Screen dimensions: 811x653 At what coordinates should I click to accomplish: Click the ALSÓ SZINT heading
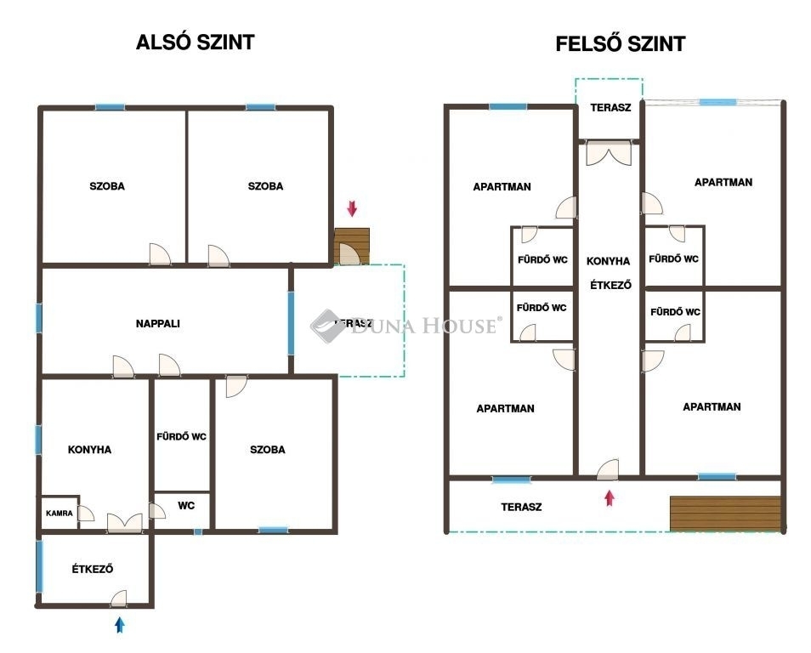[195, 43]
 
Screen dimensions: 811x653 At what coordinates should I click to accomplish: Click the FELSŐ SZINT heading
[620, 44]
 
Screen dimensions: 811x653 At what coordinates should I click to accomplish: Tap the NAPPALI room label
[158, 324]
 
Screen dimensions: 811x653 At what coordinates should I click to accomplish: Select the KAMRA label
[59, 514]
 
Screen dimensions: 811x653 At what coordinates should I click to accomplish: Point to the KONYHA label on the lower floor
[89, 450]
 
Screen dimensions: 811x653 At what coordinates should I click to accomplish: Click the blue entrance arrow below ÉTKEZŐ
[120, 625]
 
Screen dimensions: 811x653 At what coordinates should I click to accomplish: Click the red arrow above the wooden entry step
[352, 208]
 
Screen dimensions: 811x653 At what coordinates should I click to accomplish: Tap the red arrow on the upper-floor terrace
[610, 498]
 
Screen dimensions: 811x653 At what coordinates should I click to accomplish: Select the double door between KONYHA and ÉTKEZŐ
[125, 523]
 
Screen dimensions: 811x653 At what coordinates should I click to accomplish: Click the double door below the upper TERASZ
[610, 154]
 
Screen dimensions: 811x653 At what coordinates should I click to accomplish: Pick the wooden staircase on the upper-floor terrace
[725, 514]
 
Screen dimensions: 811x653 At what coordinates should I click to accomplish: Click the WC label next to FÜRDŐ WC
[185, 506]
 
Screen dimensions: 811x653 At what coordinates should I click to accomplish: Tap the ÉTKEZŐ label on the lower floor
[93, 569]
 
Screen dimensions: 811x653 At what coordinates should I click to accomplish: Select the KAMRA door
[87, 514]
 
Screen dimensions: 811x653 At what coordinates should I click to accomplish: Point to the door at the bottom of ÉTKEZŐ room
[118, 598]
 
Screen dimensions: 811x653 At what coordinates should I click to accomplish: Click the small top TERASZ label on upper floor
[611, 108]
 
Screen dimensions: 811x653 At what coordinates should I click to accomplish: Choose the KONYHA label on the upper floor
[609, 261]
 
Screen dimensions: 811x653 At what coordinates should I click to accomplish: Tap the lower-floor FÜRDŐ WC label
[182, 437]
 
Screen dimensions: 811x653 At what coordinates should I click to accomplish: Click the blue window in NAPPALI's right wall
[291, 323]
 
